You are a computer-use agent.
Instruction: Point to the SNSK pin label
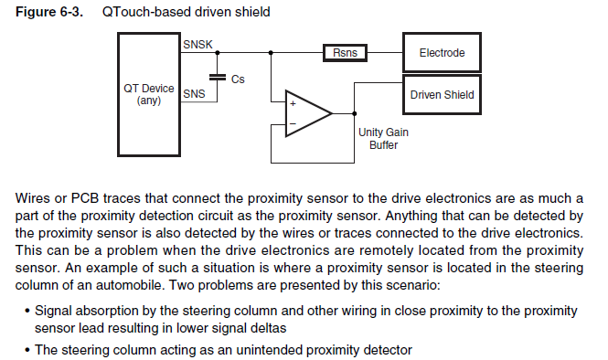[197, 45]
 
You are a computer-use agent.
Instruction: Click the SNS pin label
[194, 94]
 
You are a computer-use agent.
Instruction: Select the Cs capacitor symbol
[218, 78]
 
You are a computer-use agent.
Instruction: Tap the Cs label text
[238, 79]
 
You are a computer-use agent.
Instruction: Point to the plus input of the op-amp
[293, 103]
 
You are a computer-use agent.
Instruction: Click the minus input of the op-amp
[293, 124]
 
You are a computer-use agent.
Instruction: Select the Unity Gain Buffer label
[383, 138]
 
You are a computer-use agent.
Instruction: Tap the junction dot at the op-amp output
[355, 113]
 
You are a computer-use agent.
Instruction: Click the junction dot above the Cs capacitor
[218, 53]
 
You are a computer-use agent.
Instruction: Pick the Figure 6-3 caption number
[48, 12]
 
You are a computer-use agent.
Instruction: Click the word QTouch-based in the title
[146, 12]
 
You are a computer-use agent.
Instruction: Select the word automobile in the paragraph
[128, 285]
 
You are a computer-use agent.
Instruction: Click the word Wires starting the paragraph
[33, 198]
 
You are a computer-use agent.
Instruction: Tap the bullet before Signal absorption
[27, 312]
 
